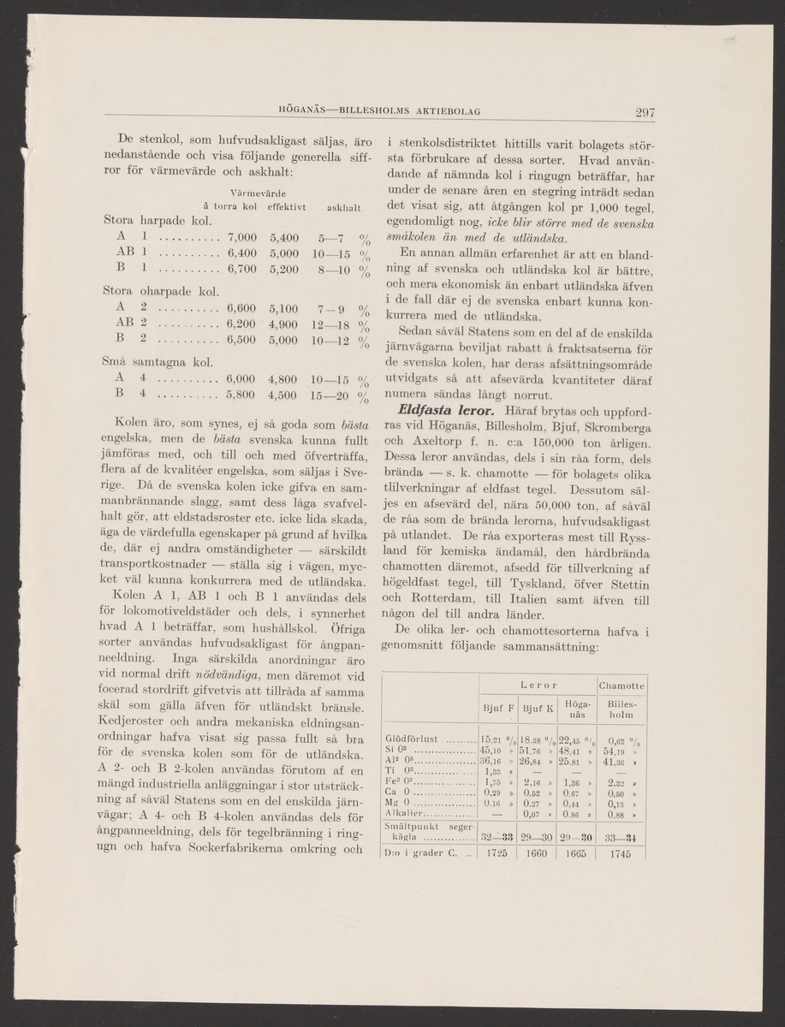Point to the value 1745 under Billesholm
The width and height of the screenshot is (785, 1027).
(621, 852)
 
